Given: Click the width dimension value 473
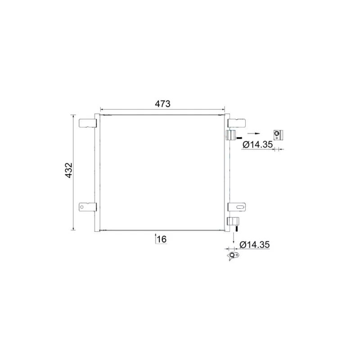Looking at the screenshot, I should tap(162, 103).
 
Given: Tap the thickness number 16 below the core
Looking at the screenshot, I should tap(162, 239).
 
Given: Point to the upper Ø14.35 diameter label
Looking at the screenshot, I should tap(257, 145).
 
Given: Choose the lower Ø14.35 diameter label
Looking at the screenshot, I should tap(254, 245).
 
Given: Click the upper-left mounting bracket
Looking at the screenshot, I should tap(87, 123).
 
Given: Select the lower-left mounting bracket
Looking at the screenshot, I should tap(87, 207).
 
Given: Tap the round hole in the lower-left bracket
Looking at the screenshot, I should tap(83, 207).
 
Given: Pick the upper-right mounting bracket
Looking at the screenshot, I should tap(237, 123).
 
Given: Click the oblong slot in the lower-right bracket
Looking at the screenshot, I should tap(240, 207).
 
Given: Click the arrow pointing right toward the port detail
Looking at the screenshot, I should tap(254, 134).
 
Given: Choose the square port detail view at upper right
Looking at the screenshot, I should tap(279, 134).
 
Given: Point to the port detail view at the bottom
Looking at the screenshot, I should tap(233, 256).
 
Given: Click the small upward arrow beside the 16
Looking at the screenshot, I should tap(155, 238).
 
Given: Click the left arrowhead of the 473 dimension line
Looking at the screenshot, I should tap(102, 109).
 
